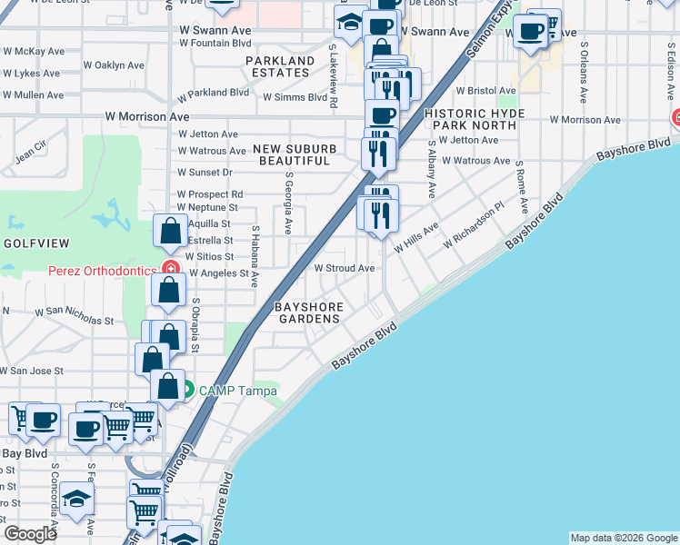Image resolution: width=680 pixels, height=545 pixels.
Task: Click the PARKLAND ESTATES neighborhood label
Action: [x=279, y=66]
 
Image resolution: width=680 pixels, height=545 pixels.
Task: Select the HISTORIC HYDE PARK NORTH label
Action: [x=470, y=119]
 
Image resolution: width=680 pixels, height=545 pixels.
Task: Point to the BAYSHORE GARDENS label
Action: [x=309, y=312]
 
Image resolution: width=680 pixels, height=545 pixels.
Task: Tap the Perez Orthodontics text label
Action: [x=102, y=270]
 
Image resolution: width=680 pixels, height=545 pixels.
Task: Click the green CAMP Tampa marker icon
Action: [x=187, y=391]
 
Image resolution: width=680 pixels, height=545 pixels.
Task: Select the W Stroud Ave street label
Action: [x=345, y=269]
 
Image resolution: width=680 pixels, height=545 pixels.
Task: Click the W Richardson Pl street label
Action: [x=473, y=228]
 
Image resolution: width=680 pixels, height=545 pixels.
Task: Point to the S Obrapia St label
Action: [x=195, y=325]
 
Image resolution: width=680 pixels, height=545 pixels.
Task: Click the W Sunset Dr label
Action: [x=205, y=172]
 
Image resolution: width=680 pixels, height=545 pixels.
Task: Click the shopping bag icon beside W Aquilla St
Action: [x=170, y=233]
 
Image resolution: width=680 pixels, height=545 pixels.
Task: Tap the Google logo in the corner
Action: [x=30, y=533]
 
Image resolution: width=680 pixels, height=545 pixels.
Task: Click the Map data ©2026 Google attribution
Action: [x=623, y=538]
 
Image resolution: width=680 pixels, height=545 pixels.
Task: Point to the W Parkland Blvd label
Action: [x=213, y=93]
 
